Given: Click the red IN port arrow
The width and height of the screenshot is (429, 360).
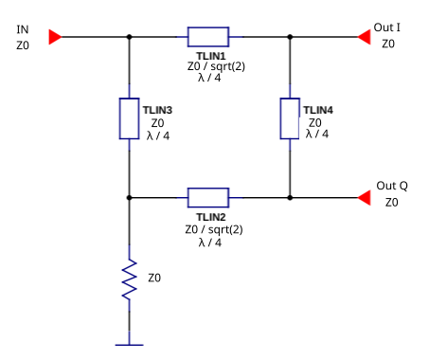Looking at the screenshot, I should [x=56, y=37].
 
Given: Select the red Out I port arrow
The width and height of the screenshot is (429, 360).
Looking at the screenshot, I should [x=363, y=37].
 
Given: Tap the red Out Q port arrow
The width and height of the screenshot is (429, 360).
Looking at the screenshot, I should [x=363, y=197].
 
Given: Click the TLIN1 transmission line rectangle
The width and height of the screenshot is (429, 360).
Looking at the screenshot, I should [x=208, y=37].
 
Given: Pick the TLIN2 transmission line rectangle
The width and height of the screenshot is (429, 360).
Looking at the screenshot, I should [x=208, y=197].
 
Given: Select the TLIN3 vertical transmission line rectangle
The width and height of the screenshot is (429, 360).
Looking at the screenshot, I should [x=129, y=117].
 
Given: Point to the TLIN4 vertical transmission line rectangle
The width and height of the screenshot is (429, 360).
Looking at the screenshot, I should [x=290, y=117].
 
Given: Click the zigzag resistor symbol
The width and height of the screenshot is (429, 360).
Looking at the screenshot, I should [x=129, y=281].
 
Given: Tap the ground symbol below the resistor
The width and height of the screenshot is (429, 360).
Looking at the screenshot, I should [x=129, y=345].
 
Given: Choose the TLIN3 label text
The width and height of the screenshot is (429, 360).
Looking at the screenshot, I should [x=157, y=110].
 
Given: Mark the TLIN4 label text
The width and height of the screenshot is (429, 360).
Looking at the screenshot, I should [x=318, y=110].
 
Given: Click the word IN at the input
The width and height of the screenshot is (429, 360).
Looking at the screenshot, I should [x=23, y=29].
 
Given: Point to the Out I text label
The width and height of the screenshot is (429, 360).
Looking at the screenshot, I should [x=387, y=27].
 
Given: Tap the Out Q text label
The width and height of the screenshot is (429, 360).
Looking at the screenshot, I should [x=392, y=186].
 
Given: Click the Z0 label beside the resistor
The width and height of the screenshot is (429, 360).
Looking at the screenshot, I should [x=154, y=279].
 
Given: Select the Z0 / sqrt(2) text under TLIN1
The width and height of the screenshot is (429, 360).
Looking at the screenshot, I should [x=214, y=67].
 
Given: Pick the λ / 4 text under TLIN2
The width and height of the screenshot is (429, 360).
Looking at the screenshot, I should [x=210, y=243].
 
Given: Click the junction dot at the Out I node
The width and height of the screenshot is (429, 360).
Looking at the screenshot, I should [x=290, y=37].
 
